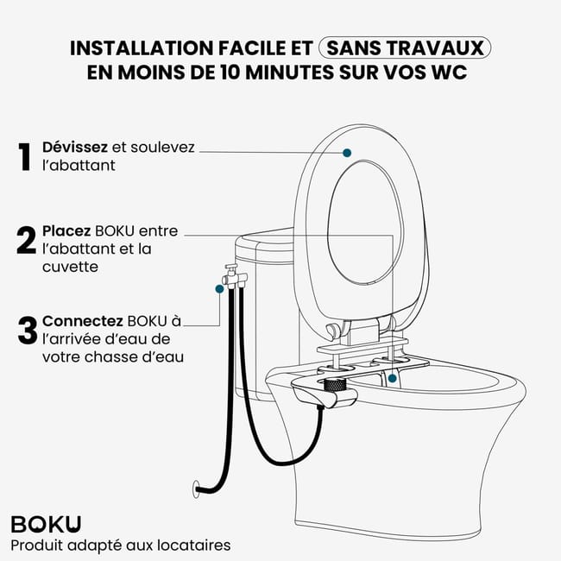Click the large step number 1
25,157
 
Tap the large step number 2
26,240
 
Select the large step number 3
28,331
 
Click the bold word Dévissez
75,147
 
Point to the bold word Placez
66,231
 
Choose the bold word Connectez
83,321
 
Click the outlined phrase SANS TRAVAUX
405,47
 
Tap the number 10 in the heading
230,72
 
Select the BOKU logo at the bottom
46,524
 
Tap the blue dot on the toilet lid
347,153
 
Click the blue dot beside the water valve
219,289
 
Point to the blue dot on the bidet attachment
393,378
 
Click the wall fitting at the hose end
196,489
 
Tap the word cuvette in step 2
70,267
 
